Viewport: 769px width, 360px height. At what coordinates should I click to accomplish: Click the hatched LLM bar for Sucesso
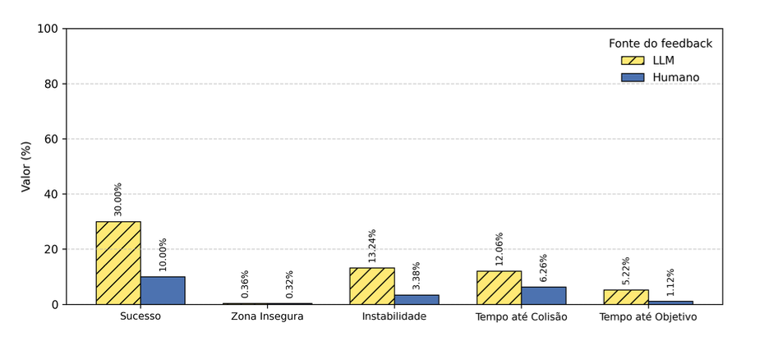(118, 263)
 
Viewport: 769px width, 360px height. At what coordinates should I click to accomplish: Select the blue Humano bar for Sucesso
(163, 290)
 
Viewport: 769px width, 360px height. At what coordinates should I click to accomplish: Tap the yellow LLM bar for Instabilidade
(371, 286)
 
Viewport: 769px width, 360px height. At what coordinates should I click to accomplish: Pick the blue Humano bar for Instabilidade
(417, 299)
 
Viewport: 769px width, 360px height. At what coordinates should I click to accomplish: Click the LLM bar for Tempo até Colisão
(499, 288)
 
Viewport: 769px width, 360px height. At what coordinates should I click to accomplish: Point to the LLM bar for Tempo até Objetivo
(625, 297)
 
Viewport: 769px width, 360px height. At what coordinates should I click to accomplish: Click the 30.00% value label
(118, 199)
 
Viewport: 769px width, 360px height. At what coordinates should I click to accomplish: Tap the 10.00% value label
(163, 255)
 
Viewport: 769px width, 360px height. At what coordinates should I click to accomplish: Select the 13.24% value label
(372, 246)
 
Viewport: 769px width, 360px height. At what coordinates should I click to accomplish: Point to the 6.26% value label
(543, 268)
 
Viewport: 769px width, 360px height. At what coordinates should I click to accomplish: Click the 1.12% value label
(670, 283)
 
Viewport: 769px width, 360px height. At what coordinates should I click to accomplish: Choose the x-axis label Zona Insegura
(267, 316)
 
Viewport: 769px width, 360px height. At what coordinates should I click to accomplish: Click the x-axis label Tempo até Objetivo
(647, 316)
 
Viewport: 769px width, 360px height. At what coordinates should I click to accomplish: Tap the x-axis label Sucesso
(140, 316)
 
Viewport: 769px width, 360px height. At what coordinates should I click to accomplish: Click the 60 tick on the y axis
(51, 139)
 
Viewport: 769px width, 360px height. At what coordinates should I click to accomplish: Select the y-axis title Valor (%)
(25, 166)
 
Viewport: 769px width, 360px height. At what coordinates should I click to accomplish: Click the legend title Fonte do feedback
(660, 44)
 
